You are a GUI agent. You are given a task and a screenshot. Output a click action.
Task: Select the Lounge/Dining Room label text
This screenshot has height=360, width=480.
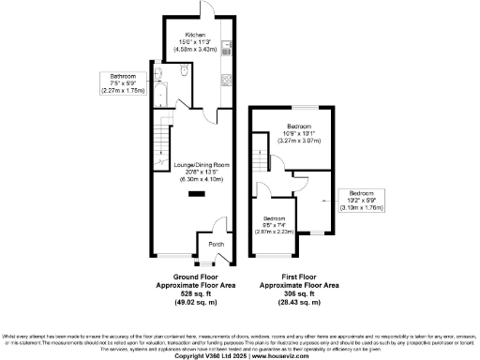[195, 170]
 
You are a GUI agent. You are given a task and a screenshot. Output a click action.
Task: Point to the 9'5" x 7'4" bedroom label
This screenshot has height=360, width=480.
[269, 226]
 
